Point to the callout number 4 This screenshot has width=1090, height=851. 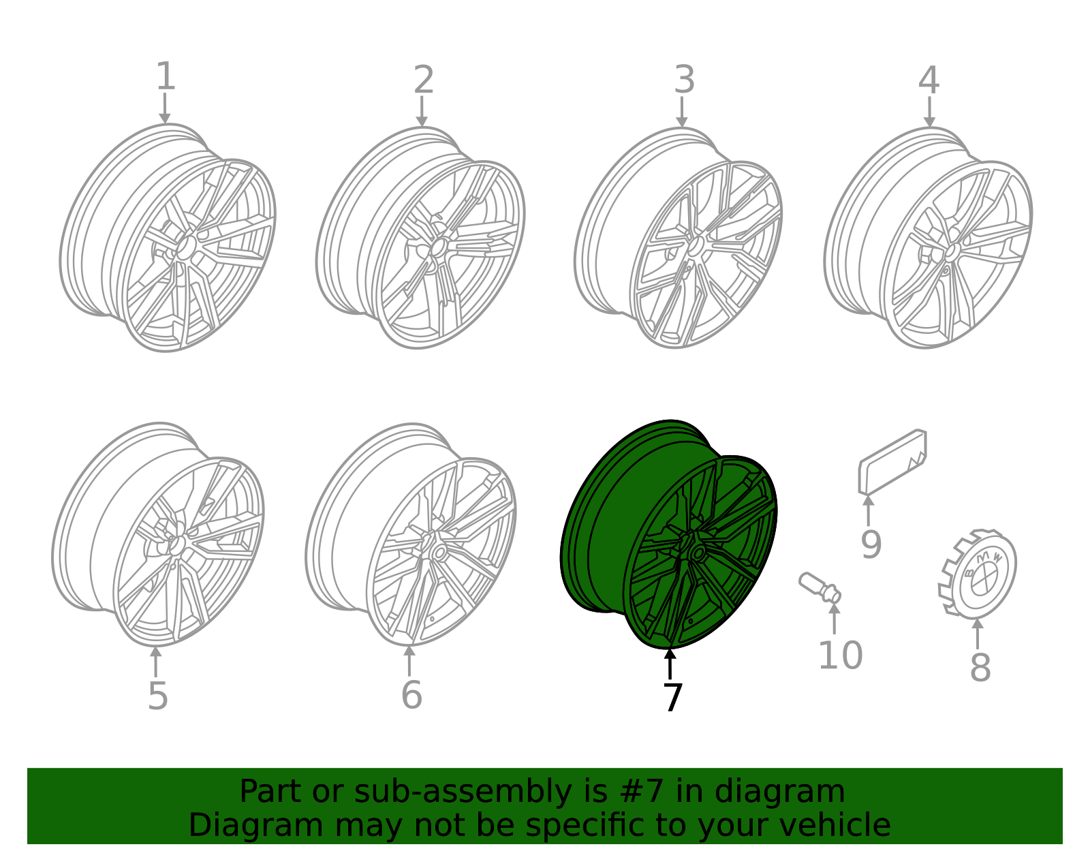click(x=929, y=80)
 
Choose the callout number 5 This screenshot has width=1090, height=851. click(x=157, y=696)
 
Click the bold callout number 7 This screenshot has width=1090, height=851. click(x=672, y=696)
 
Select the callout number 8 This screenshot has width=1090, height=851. click(x=980, y=668)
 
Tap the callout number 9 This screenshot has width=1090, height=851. click(x=871, y=544)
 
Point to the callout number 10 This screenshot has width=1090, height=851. click(x=840, y=655)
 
